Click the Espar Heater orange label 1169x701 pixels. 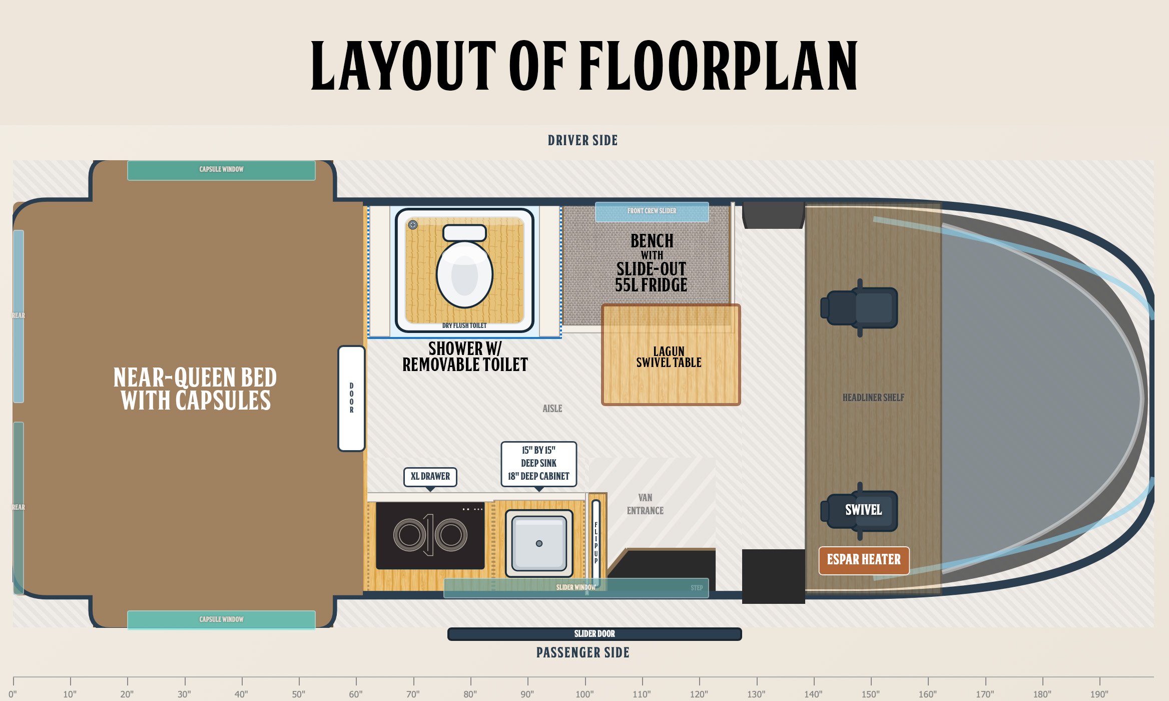point(864,560)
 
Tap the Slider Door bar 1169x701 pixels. point(595,634)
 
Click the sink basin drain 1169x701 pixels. point(539,544)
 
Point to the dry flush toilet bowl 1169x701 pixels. point(464,274)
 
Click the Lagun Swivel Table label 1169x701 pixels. point(669,357)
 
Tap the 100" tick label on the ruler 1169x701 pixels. point(584,694)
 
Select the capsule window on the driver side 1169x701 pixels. point(221,170)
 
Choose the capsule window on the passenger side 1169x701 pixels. point(221,620)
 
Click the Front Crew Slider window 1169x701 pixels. point(652,212)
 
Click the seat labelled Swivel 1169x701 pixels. point(859,511)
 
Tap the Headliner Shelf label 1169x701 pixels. point(873,398)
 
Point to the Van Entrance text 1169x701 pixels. point(645,504)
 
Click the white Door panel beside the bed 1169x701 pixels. point(351,399)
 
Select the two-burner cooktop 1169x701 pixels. point(430,535)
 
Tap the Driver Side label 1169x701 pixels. point(582,140)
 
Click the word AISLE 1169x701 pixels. point(552,409)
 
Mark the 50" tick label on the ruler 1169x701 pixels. point(299,694)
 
